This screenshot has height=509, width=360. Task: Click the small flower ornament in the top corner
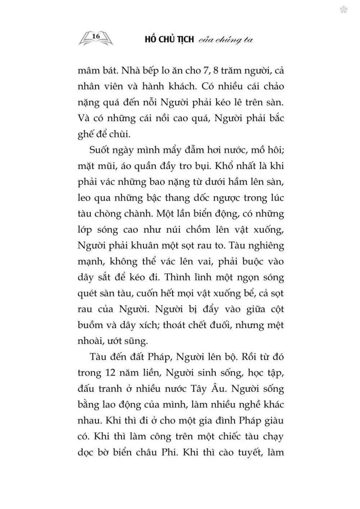tap(343, 10)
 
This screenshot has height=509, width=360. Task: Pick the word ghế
tap(87, 135)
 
